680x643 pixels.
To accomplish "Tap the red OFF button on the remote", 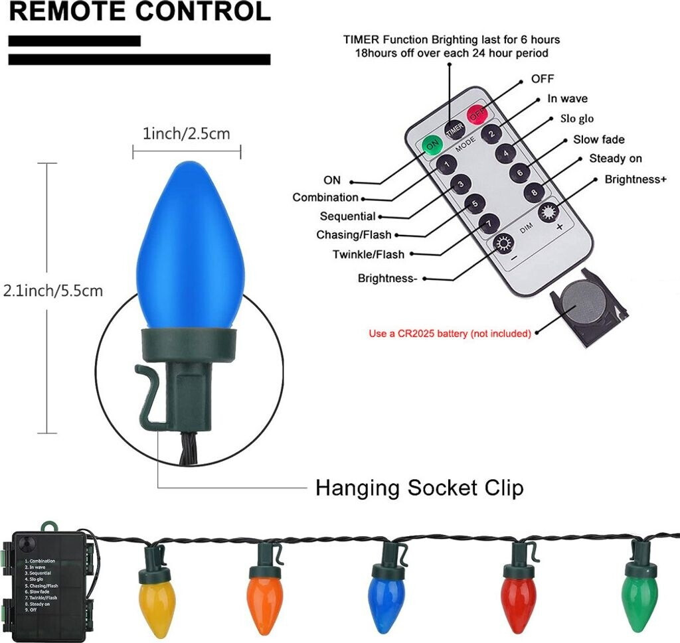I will click(475, 114).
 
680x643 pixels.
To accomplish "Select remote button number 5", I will click(473, 204).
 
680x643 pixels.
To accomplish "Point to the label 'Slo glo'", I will click(577, 119).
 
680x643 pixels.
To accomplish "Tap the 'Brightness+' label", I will click(635, 180).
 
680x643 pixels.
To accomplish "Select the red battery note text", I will click(450, 333).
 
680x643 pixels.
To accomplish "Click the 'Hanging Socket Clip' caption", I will click(419, 488).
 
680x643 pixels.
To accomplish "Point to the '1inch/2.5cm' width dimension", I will click(186, 134).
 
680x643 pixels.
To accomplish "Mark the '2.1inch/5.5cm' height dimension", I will click(53, 291).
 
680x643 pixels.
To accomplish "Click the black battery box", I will click(49, 581).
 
